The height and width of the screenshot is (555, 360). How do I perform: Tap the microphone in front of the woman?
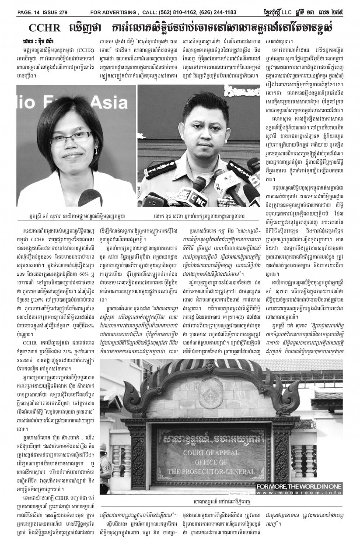[x=89, y=199]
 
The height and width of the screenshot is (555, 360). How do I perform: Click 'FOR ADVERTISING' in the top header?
[x=114, y=12]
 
